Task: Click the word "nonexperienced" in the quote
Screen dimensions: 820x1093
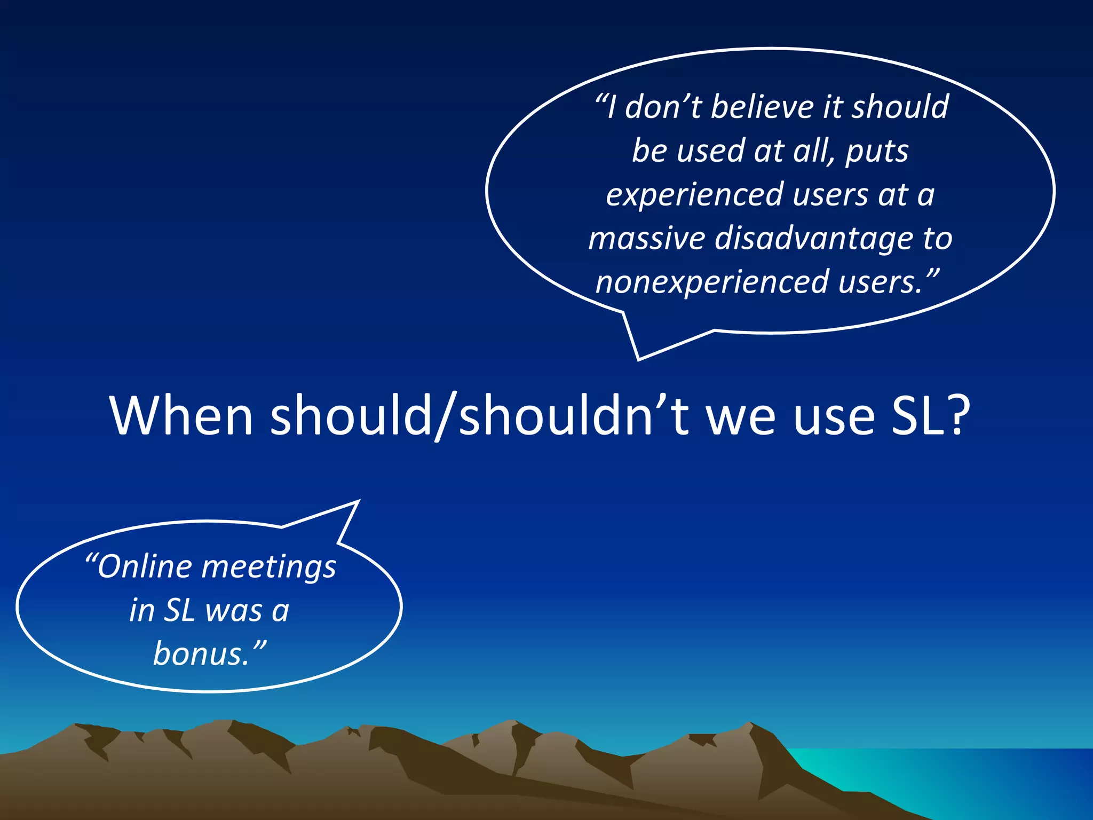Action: (712, 283)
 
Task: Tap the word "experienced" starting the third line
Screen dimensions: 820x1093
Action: (694, 195)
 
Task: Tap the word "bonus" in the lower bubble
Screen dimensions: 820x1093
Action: (201, 654)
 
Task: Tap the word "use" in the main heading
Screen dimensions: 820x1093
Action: (833, 416)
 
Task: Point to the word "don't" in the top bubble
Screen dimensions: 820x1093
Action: (662, 107)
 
